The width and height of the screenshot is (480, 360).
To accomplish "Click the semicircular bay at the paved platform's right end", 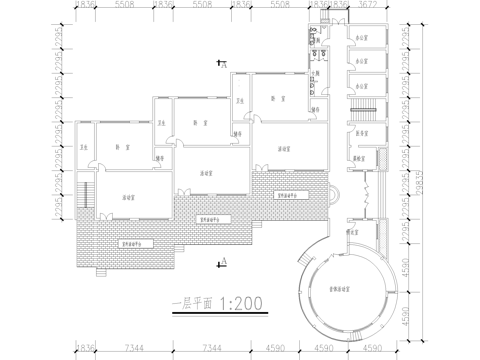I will pos(333,194).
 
